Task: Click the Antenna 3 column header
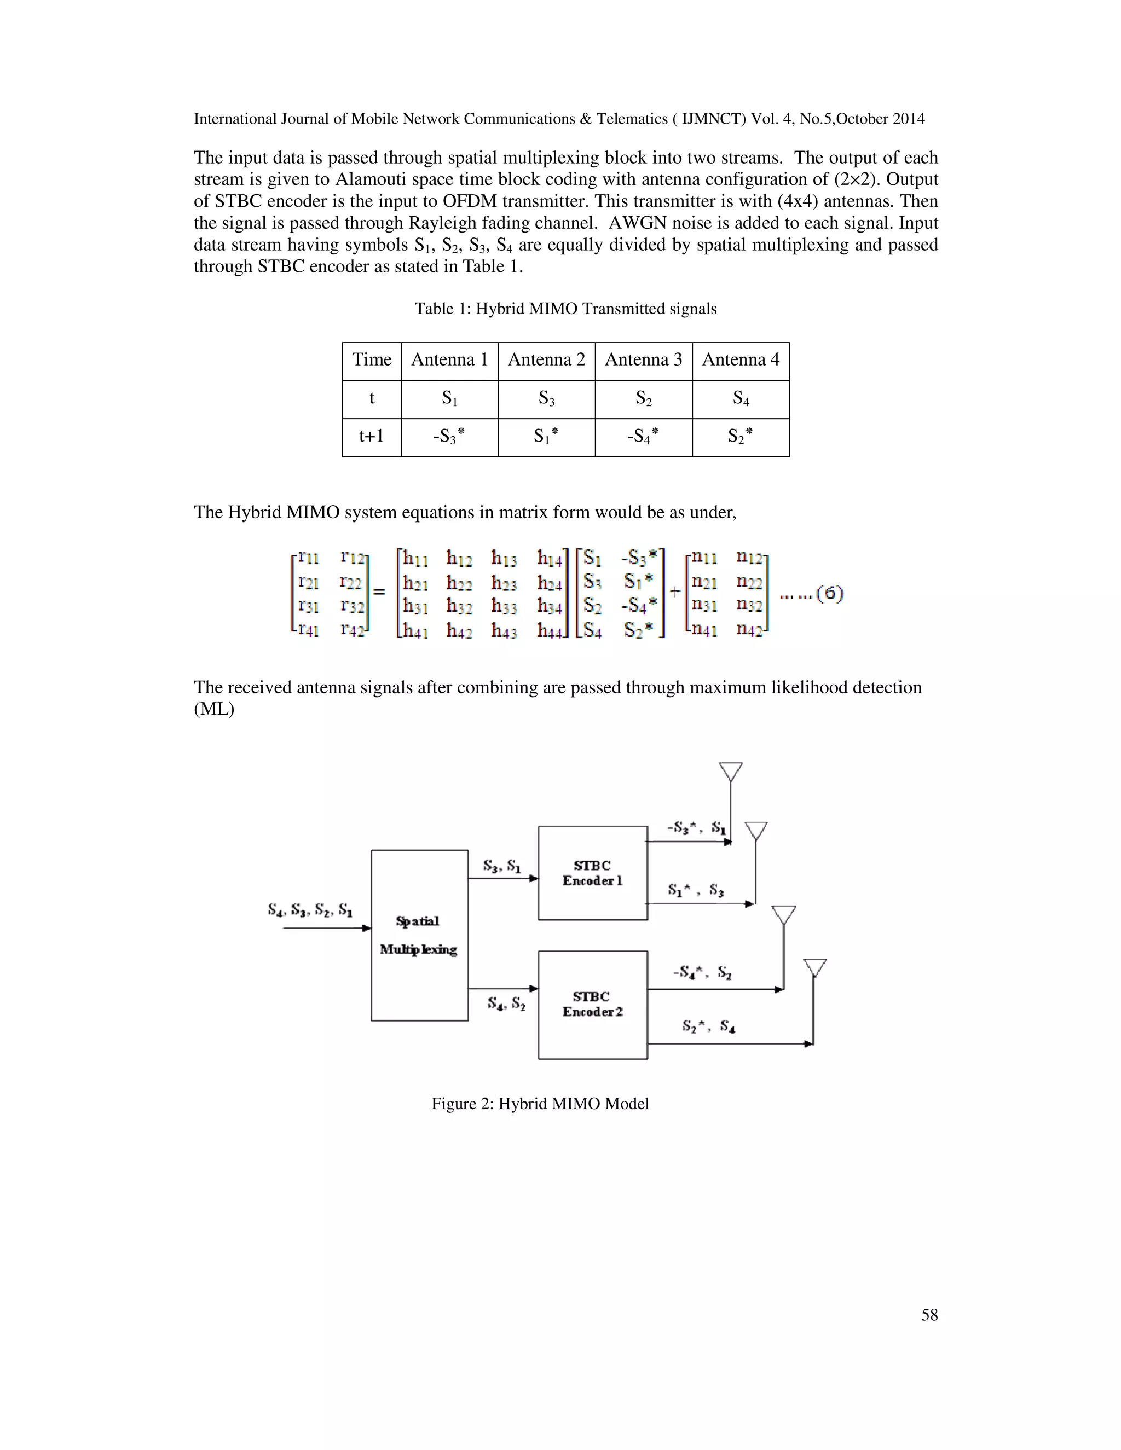click(643, 360)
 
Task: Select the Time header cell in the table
click(371, 360)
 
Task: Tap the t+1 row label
click(371, 436)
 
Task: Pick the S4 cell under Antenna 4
click(741, 398)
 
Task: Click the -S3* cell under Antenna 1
click(449, 436)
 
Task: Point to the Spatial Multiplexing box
click(419, 935)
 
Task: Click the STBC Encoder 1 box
click(592, 872)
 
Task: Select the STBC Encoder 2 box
click(592, 1004)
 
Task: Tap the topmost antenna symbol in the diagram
click(731, 772)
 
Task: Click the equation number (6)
click(829, 593)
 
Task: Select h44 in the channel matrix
click(551, 629)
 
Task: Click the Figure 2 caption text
click(540, 1104)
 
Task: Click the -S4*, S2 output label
click(702, 973)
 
